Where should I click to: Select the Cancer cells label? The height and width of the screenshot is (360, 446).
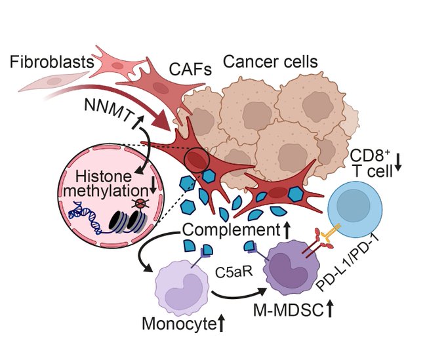(270, 63)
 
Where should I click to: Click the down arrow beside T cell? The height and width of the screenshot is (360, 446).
(398, 172)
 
